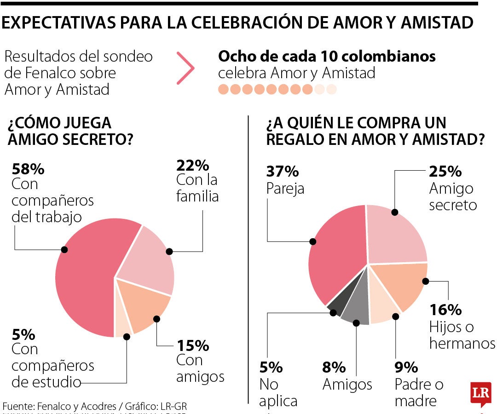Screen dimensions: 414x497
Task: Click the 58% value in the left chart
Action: point(28,169)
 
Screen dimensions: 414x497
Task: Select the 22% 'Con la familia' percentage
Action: point(192,165)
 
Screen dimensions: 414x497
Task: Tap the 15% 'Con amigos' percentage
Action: point(192,345)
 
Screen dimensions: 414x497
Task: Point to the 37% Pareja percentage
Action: point(283,172)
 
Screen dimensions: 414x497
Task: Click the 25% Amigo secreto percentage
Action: point(445,172)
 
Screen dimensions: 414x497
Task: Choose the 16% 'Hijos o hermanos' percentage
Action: point(445,310)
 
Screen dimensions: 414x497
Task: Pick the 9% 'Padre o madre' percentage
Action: point(406,367)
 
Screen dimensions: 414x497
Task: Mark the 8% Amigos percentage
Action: point(334,367)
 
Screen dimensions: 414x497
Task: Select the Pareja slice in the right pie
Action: point(336,258)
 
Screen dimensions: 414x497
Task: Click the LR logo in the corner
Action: point(480,394)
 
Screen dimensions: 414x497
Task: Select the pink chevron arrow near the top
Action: point(186,68)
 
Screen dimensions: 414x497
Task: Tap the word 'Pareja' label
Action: point(285,189)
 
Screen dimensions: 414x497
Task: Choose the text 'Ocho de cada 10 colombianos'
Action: point(327,57)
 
